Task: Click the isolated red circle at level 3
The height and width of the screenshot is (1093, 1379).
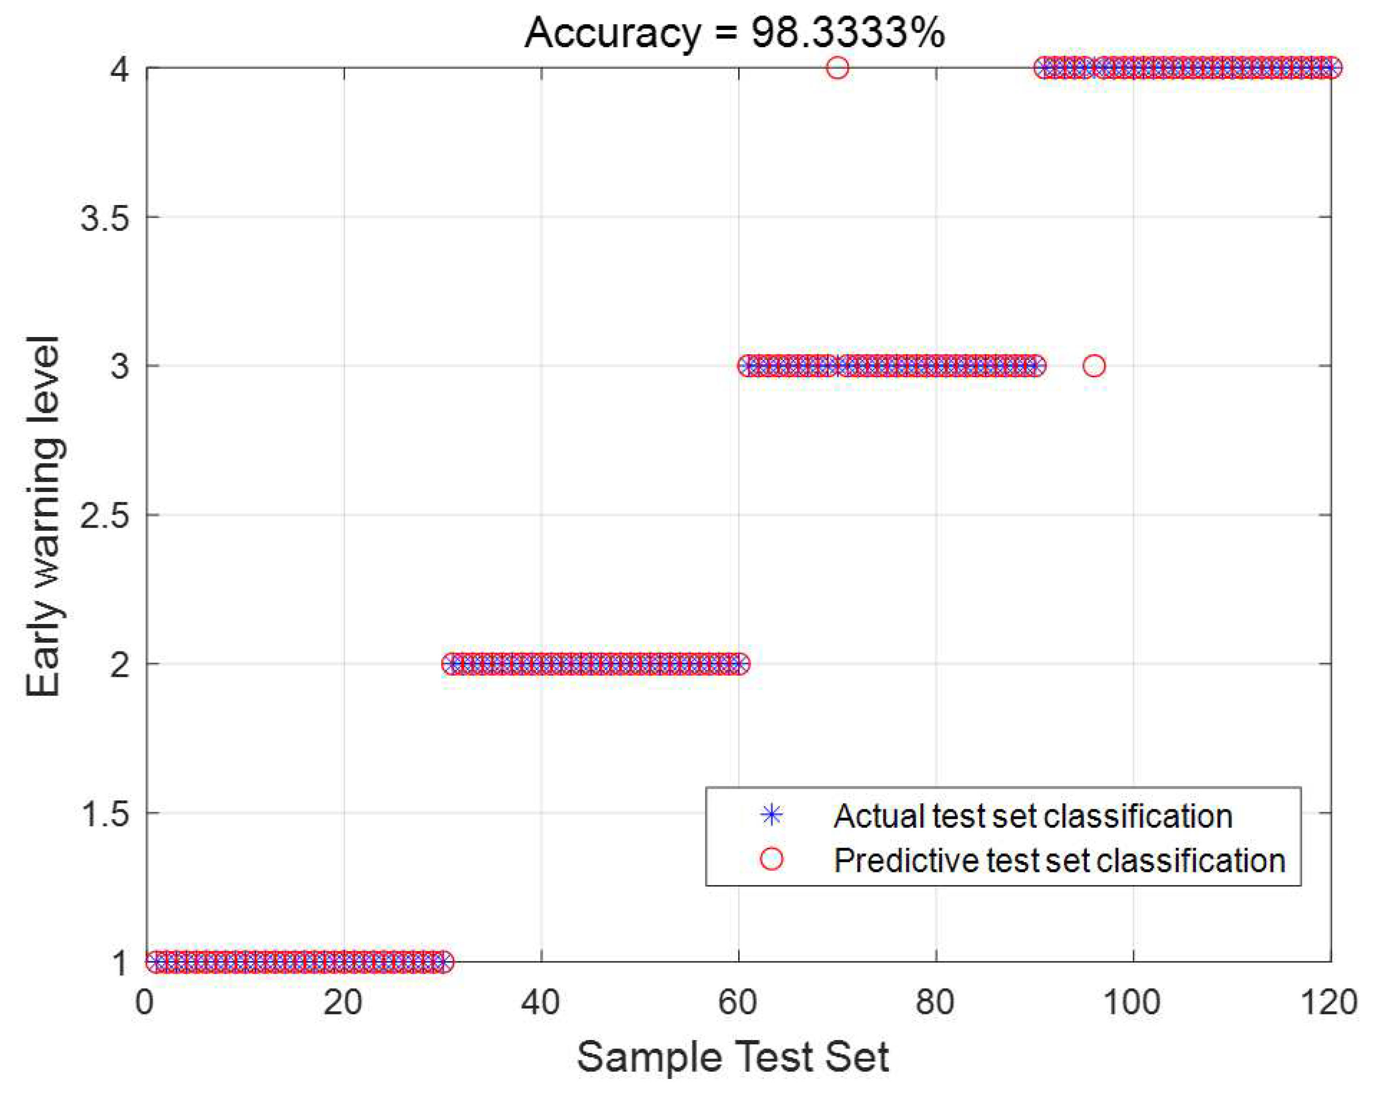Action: coord(1094,366)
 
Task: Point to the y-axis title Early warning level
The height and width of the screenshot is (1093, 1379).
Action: coord(44,515)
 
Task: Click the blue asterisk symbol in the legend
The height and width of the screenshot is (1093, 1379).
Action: coord(771,815)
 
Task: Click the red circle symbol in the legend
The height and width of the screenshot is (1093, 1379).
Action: coord(771,859)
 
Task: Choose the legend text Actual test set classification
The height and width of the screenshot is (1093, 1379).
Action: coord(1032,815)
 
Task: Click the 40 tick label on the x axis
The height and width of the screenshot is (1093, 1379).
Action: coord(541,1002)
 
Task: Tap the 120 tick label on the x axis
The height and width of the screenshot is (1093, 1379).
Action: coord(1329,1002)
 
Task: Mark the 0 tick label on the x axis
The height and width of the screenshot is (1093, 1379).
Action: coord(145,1002)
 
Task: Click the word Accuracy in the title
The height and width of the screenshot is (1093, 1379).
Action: coord(612,33)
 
